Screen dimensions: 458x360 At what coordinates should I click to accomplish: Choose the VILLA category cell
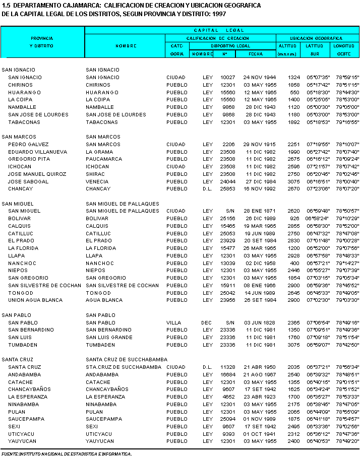click(x=173, y=322)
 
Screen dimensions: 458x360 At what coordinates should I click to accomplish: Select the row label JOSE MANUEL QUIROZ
click(x=37, y=174)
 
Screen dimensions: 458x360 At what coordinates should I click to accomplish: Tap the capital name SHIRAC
click(x=96, y=174)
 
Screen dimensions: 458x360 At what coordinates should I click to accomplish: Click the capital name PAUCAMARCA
click(x=104, y=159)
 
